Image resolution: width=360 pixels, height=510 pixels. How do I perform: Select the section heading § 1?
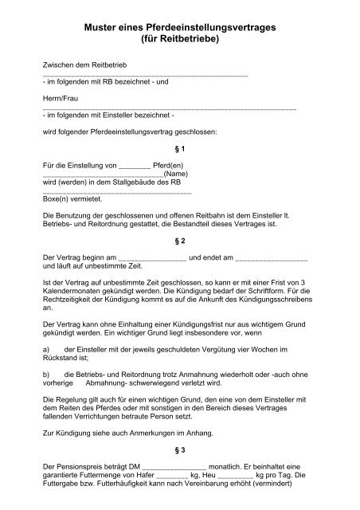179,149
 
